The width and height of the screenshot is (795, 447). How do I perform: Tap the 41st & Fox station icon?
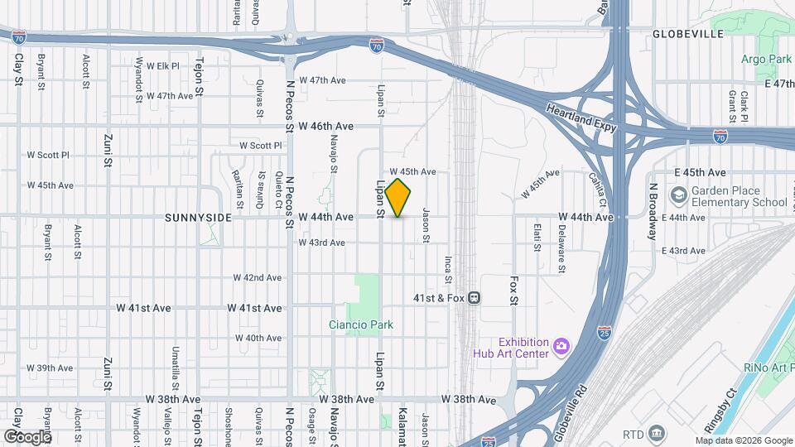coord(474,297)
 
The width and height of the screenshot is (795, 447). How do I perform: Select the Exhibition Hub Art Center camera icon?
coord(561,344)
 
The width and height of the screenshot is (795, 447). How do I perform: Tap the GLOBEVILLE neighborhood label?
coord(687,34)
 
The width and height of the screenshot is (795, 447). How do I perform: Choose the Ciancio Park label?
coord(360,325)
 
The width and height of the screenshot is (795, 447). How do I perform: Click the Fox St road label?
coord(514,291)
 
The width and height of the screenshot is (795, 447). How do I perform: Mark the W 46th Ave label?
coord(326,126)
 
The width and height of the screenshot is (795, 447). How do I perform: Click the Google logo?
coord(26,436)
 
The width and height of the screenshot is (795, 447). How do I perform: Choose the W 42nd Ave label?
coord(257,277)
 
